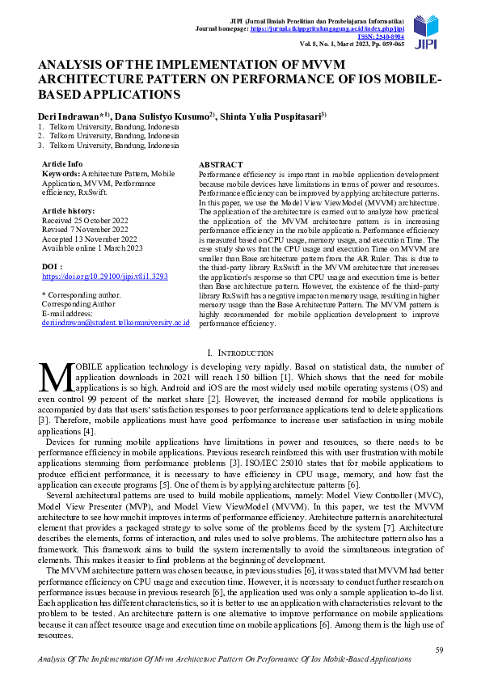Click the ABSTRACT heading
tap(221, 163)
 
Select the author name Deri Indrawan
tap(69, 116)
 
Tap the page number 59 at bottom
tap(439, 649)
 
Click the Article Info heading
tap(62, 163)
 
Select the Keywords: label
tap(61, 174)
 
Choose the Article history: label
tap(68, 209)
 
